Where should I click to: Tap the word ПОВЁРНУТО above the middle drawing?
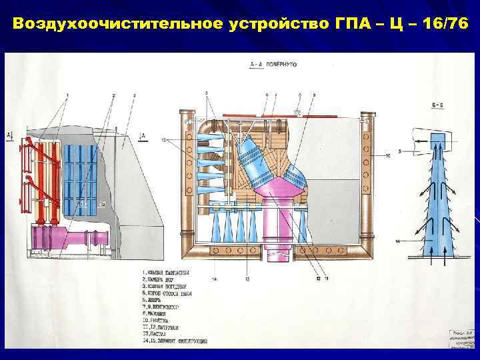(282, 64)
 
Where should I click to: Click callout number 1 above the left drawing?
(67, 96)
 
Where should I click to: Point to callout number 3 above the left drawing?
(135, 96)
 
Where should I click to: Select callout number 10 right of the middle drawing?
(387, 155)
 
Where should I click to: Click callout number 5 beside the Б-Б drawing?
(400, 153)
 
